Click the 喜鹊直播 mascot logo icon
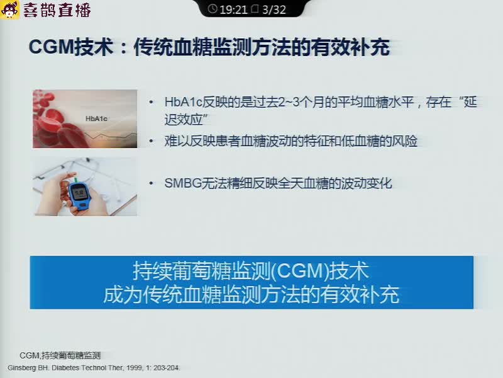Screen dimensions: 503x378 (x=9, y=9)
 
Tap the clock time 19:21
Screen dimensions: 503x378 (x=233, y=9)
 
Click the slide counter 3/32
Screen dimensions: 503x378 (x=274, y=9)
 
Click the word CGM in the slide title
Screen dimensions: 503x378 (x=52, y=47)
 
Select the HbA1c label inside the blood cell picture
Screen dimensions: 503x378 (x=96, y=118)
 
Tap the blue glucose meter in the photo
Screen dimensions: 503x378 (x=80, y=196)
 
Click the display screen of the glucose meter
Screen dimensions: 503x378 (x=79, y=193)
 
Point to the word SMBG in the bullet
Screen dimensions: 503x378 (x=182, y=183)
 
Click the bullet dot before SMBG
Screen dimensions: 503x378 (x=151, y=183)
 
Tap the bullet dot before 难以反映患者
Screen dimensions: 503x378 (x=151, y=141)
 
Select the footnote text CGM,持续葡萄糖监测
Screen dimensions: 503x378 (x=60, y=355)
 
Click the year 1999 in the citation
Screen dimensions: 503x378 (x=133, y=368)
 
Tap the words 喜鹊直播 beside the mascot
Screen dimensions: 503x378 (x=57, y=9)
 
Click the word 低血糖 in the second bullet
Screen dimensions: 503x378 (x=360, y=141)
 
